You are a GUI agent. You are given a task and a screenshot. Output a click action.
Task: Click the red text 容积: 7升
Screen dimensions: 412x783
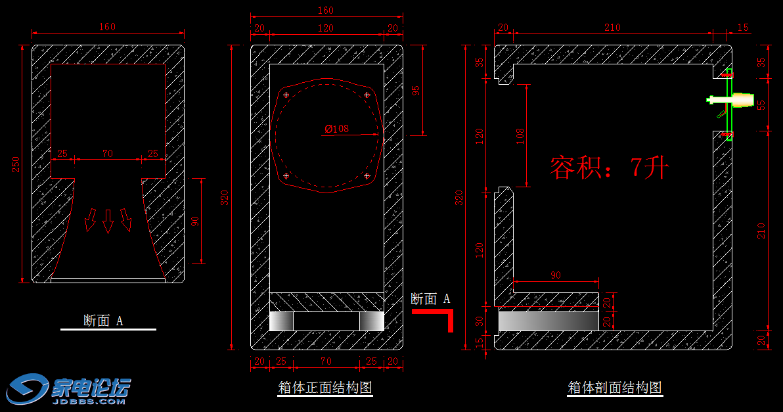[x=608, y=168]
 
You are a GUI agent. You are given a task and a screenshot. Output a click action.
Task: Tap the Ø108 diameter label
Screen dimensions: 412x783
[x=336, y=129]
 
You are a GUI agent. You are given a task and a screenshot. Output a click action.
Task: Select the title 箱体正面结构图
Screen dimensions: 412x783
[x=325, y=388]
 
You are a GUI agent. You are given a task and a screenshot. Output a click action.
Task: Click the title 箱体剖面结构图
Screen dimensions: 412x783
[x=615, y=388]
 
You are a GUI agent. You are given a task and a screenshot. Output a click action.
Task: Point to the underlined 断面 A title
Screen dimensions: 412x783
[x=104, y=321]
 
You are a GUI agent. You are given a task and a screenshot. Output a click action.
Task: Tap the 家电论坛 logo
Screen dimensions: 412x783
[x=70, y=390]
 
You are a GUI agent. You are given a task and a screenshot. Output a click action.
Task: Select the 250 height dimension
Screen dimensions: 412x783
[x=17, y=164]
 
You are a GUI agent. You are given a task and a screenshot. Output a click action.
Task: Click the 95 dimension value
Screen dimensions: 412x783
[x=415, y=91]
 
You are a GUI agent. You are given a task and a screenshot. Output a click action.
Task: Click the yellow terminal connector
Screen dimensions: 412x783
[x=744, y=100]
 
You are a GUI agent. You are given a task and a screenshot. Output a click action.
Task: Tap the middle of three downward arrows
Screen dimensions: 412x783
[x=108, y=221]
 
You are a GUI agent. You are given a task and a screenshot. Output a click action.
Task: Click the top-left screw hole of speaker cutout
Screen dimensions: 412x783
[x=286, y=96]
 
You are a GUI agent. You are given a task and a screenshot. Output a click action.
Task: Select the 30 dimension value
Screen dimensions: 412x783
[x=480, y=321]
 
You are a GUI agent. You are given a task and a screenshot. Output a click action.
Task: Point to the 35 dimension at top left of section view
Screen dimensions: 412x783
[x=480, y=62]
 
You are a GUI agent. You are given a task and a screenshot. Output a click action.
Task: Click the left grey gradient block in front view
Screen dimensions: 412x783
[x=282, y=321]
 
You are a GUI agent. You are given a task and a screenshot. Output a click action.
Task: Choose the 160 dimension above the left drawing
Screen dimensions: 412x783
[x=107, y=27]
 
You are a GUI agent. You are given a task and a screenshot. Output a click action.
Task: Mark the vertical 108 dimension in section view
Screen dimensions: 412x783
[x=520, y=136]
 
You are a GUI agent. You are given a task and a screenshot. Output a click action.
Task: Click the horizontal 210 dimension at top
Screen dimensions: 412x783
[x=612, y=27]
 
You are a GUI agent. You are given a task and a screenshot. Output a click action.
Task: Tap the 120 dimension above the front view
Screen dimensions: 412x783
[x=326, y=28]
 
